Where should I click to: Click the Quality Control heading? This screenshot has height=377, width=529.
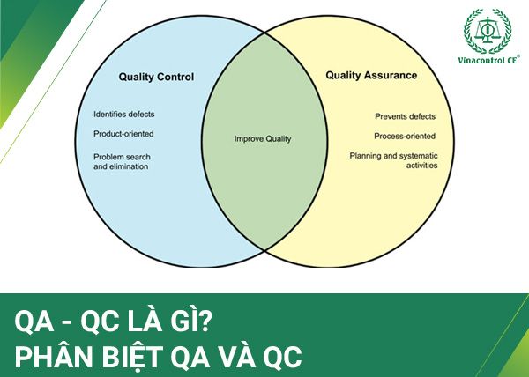coord(156,78)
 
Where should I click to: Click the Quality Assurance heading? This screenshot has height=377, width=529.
coord(371,75)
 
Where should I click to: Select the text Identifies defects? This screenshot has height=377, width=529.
coord(123,115)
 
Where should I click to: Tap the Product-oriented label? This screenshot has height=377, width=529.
coord(123,134)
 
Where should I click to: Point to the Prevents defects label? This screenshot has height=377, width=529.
coord(405,116)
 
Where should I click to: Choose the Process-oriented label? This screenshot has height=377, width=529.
coord(405,137)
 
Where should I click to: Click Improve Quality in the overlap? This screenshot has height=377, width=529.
coord(263,139)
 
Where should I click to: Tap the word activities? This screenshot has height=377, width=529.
coord(421,166)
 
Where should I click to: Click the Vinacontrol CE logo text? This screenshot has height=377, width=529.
coord(488,60)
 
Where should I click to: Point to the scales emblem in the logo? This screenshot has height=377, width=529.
coord(488,30)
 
